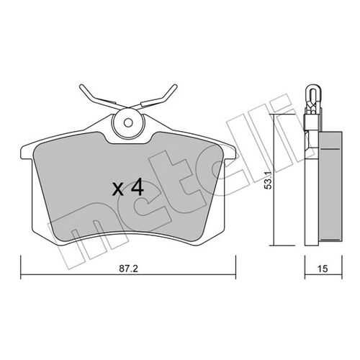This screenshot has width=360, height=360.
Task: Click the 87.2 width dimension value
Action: pos(128,269)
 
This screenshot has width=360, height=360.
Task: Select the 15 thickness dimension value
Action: pos(323,269)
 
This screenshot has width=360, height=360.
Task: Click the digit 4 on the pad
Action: pos(138,188)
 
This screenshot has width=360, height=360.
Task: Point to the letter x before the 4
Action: pos(118,189)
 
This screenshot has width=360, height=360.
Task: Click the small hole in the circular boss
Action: pos(128,123)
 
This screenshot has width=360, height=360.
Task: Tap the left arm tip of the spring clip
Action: pos(81,86)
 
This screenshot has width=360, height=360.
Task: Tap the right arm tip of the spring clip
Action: pos(176,86)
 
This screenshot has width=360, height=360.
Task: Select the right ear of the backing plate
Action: pos(230,152)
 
